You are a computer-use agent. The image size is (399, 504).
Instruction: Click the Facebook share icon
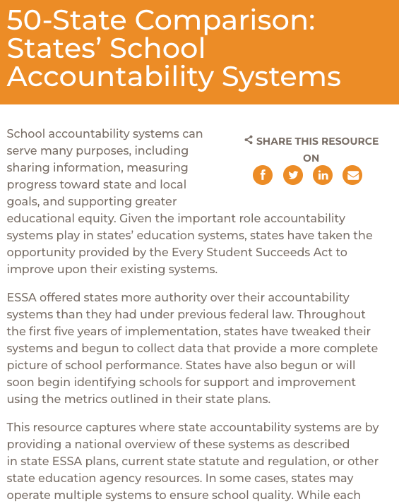click(263, 175)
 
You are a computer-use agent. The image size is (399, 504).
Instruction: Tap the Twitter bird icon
click(293, 175)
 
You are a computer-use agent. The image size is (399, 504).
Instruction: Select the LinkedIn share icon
click(323, 175)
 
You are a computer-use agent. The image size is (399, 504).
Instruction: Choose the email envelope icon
click(352, 175)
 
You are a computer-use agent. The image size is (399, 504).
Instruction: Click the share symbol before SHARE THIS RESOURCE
click(249, 140)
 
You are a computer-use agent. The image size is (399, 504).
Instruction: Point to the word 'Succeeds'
click(278, 252)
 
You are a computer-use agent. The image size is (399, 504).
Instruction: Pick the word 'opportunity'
click(39, 252)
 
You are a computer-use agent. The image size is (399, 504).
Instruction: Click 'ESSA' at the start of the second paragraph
click(23, 297)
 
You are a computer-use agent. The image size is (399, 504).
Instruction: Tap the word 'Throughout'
click(330, 314)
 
